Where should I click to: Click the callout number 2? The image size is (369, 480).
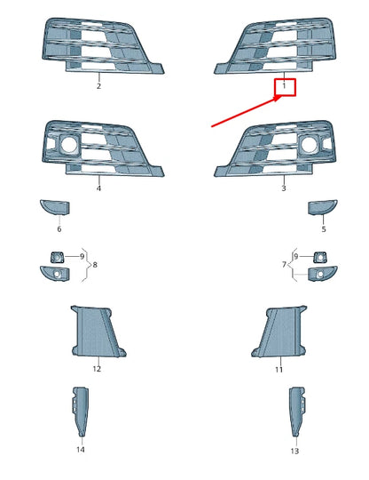[x=98, y=86]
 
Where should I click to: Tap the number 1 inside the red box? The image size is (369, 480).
[x=284, y=85]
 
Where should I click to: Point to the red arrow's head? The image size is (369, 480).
[x=279, y=98]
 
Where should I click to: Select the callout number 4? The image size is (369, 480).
[x=98, y=188]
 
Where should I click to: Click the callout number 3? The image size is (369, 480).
[x=284, y=188]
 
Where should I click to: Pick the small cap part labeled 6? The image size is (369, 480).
[x=55, y=207]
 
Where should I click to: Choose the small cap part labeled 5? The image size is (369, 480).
[x=323, y=207]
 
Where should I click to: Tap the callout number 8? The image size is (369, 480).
[x=95, y=265]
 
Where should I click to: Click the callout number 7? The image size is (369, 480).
[x=284, y=264]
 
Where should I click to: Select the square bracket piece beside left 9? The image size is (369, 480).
[x=57, y=257]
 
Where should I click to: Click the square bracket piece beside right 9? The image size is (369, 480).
[x=320, y=257]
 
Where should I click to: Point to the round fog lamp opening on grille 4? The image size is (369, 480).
[x=69, y=145]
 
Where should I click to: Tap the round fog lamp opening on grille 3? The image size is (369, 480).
[x=310, y=145]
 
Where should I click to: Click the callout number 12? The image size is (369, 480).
[x=97, y=369]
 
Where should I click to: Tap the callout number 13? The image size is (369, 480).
[x=294, y=451]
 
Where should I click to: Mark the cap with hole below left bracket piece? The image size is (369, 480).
[x=55, y=274]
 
